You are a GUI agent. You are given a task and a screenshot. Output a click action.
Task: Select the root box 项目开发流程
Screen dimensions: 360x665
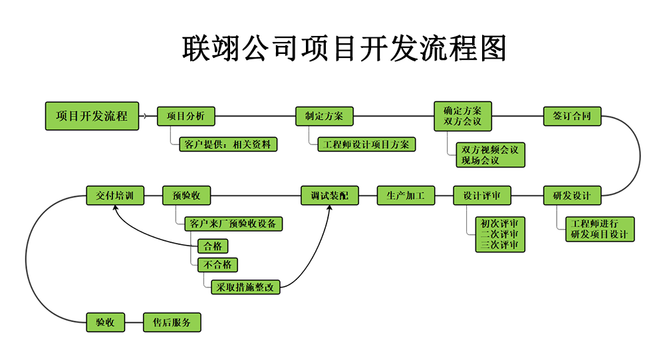pos(92,116)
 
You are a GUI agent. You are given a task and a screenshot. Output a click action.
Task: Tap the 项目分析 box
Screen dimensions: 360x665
pos(186,116)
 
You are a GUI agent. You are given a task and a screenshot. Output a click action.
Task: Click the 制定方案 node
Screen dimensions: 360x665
pos(325,116)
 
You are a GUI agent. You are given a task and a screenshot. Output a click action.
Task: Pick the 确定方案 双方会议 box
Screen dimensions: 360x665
pos(463,116)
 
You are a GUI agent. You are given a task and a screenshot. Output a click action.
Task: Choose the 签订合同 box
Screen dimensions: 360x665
pos(572,116)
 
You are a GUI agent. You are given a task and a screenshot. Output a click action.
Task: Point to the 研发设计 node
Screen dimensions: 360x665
pos(572,196)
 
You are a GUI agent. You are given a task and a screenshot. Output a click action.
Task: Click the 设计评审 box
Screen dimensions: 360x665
pos(482,196)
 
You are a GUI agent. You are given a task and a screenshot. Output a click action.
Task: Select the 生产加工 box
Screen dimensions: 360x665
pos(406,196)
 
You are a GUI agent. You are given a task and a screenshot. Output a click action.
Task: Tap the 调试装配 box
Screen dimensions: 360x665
pos(329,196)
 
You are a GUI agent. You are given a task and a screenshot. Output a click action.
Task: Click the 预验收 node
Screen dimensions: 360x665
pos(186,196)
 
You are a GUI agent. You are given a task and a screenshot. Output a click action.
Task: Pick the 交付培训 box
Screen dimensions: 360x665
pos(115,196)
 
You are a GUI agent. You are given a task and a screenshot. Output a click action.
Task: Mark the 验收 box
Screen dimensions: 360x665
pos(105,323)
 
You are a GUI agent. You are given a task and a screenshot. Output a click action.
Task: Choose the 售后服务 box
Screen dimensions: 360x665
pos(172,323)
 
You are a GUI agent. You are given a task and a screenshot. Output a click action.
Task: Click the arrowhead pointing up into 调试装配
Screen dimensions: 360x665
pos(329,208)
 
